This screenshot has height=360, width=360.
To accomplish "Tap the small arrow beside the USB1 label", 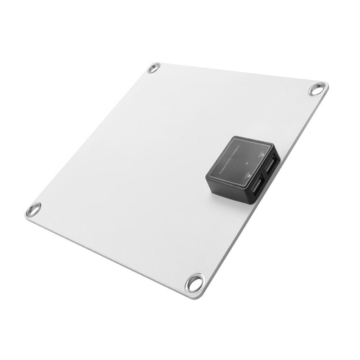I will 249,176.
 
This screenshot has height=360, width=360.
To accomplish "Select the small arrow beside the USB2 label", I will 263,155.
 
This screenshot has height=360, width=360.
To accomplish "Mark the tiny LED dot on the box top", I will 247,163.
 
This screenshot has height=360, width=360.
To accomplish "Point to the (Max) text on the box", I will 237,148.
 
